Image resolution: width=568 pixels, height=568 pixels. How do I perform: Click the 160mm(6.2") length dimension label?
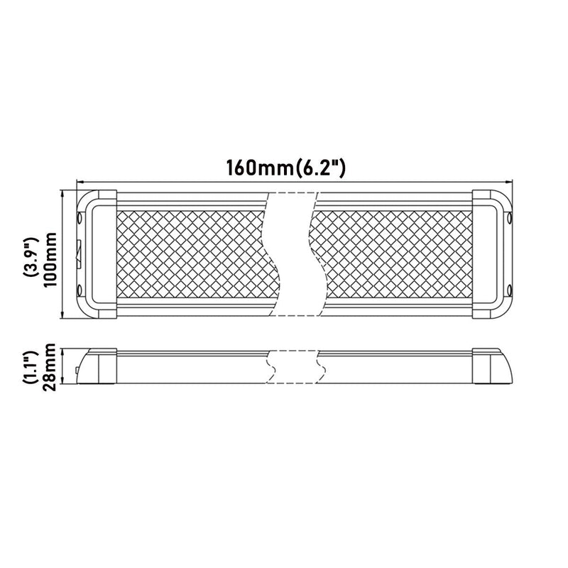coord(286,168)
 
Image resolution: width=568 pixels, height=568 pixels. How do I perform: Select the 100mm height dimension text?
coord(51,259)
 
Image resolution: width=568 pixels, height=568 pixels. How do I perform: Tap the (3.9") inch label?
coord(31,258)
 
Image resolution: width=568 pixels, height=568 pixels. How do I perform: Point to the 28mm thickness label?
coord(49,367)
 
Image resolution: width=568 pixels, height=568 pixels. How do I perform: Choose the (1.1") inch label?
coord(30,367)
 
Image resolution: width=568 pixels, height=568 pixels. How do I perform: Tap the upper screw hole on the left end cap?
coord(80,219)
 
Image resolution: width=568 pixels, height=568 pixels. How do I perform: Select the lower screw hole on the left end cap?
coord(80,290)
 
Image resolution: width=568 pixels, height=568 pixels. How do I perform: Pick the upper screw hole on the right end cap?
coord(510,219)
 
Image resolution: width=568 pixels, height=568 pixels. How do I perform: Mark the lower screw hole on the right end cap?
coord(510,290)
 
